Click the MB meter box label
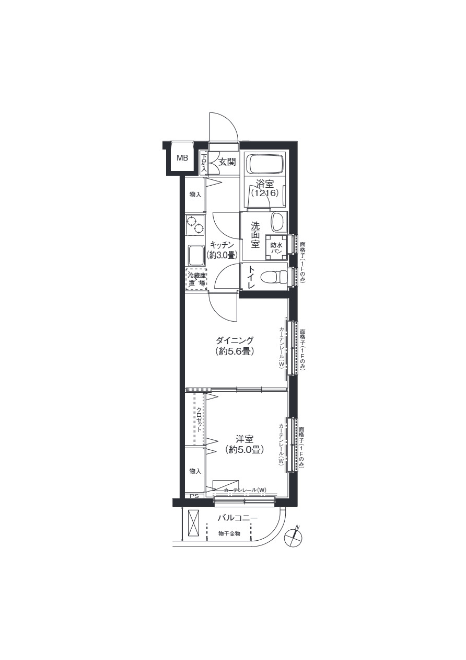coord(182,158)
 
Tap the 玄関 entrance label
coord(227,162)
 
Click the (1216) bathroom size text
coord(265,194)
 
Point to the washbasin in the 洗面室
coord(278,222)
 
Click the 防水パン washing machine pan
coord(276,247)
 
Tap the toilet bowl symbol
coord(274,276)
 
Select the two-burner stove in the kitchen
coord(195,225)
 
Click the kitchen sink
coord(196,256)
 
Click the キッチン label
coord(222,245)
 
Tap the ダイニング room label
coord(235,340)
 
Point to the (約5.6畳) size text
coord(235,351)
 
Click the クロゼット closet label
coord(199,419)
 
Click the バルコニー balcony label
coord(238,518)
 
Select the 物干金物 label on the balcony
coord(229,533)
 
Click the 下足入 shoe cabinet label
coord(203,162)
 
